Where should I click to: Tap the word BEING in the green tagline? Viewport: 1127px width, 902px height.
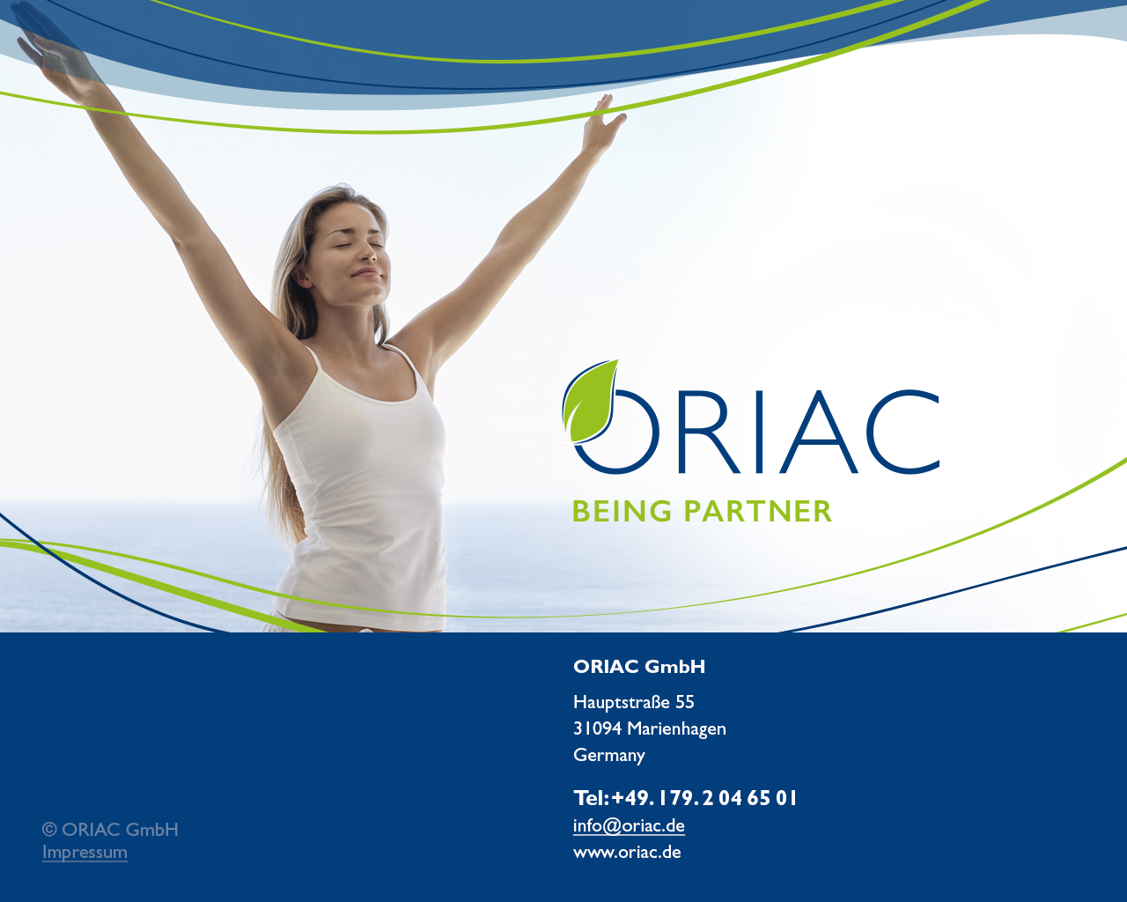point(622,511)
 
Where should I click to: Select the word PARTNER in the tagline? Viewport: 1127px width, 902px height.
point(758,511)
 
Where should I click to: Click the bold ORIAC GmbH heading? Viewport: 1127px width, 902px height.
point(639,667)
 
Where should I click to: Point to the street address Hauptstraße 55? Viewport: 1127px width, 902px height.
point(634,702)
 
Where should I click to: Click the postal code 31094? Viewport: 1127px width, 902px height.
point(597,728)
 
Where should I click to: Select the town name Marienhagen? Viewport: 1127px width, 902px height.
point(676,729)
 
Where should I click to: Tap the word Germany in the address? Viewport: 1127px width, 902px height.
point(609,755)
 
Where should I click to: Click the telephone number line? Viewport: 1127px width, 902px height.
point(685,798)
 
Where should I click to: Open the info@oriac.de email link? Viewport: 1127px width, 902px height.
point(629,825)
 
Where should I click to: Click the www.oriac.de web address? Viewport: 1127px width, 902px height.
point(628,852)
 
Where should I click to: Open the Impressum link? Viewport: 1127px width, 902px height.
point(85,852)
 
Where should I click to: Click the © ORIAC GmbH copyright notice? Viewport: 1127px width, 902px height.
point(111,829)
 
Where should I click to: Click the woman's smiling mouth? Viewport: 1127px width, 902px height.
point(366,271)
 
